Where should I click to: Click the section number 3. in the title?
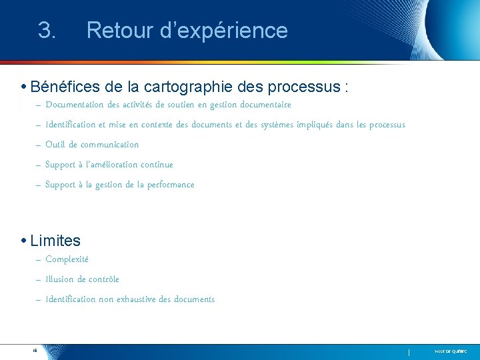pos(47,31)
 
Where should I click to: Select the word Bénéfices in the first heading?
pos(65,87)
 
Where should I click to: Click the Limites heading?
pos(55,241)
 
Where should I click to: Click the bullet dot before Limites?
pos(23,241)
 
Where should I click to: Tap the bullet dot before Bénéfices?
pos(23,87)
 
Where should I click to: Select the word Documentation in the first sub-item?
pos(74,105)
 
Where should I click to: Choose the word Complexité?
pos(67,259)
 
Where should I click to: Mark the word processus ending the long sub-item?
pos(387,125)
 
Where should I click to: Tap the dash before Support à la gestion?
pos(38,185)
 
